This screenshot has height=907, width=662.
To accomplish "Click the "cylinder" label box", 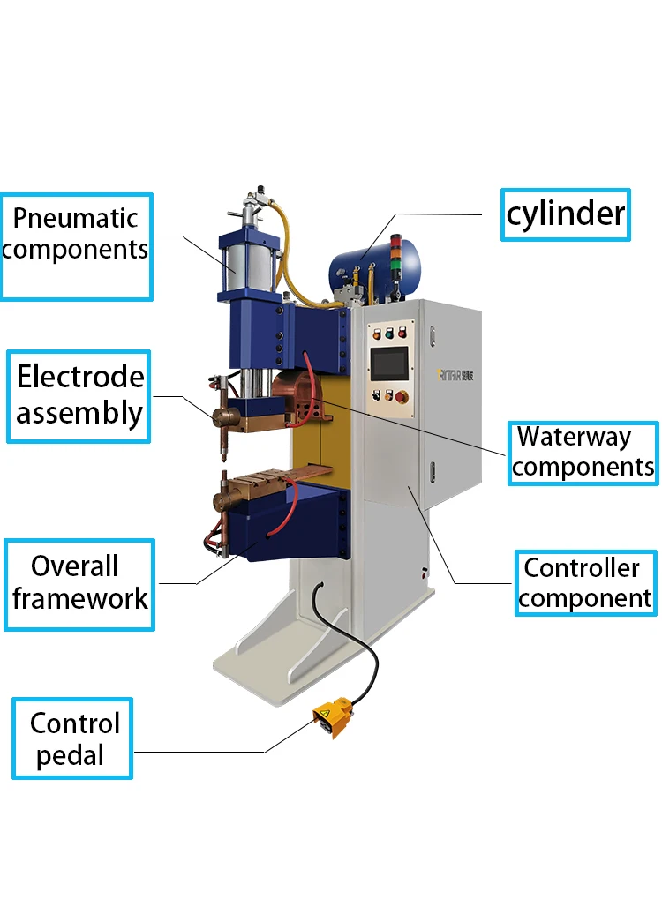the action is tap(566, 214).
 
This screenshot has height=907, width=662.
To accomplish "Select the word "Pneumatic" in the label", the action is tap(75, 219).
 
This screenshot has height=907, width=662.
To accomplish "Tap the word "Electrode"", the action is tap(80, 377).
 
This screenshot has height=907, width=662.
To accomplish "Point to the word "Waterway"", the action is tap(574, 438).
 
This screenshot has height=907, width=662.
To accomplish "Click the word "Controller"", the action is tap(582, 568).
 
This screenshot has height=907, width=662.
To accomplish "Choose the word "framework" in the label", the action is tap(79, 599).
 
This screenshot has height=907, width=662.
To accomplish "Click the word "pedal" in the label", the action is tap(70, 756).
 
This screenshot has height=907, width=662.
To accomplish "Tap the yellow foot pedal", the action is tap(332, 716).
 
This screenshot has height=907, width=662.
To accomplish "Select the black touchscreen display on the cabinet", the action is tap(389, 364).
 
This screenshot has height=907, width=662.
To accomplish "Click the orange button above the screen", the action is tap(377, 334).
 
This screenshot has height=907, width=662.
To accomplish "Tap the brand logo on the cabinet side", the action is tap(455, 375).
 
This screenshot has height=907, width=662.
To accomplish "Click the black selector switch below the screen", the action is tap(377, 395).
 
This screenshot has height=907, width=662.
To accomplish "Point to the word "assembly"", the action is tap(79, 414).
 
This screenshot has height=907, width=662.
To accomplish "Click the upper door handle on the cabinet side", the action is tap(433, 336).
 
